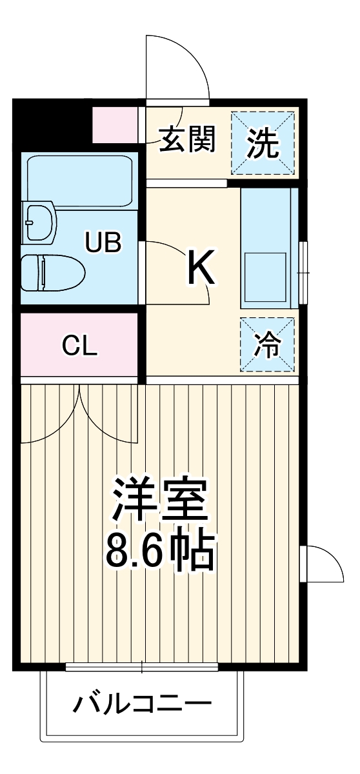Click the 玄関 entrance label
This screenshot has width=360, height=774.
[x=187, y=140]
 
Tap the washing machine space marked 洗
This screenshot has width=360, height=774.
[x=264, y=143]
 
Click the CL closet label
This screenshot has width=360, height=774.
[x=79, y=346]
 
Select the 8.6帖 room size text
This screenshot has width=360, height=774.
[x=159, y=550]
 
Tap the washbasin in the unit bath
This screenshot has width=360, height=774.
[x=39, y=223]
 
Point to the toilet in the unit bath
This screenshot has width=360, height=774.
[x=52, y=273]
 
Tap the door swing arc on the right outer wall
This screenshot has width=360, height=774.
[x=326, y=562]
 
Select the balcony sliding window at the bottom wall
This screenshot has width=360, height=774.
[x=142, y=667]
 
